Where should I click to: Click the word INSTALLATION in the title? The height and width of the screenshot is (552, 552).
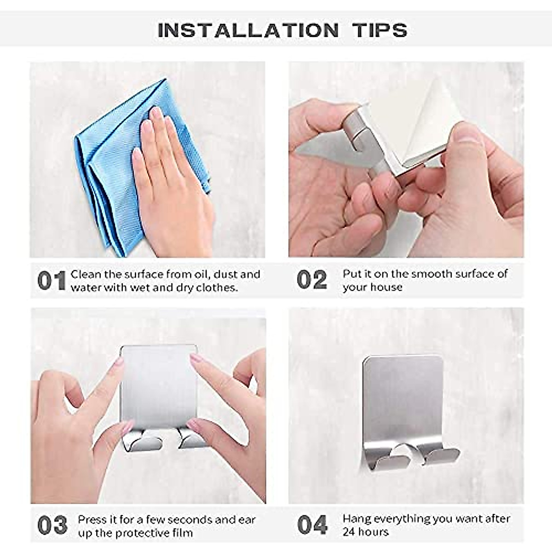pyautogui.click(x=248, y=30)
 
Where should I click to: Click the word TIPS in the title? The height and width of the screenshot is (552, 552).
pyautogui.click(x=380, y=30)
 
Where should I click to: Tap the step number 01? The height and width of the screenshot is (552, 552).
pyautogui.click(x=52, y=281)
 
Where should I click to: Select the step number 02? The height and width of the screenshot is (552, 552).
pyautogui.click(x=312, y=280)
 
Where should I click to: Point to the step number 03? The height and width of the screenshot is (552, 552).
pyautogui.click(x=52, y=525)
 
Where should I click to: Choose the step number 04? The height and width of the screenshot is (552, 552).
pyautogui.click(x=312, y=525)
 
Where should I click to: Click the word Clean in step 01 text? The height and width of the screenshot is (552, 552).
pyautogui.click(x=86, y=274)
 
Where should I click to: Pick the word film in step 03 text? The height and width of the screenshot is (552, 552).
pyautogui.click(x=183, y=533)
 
